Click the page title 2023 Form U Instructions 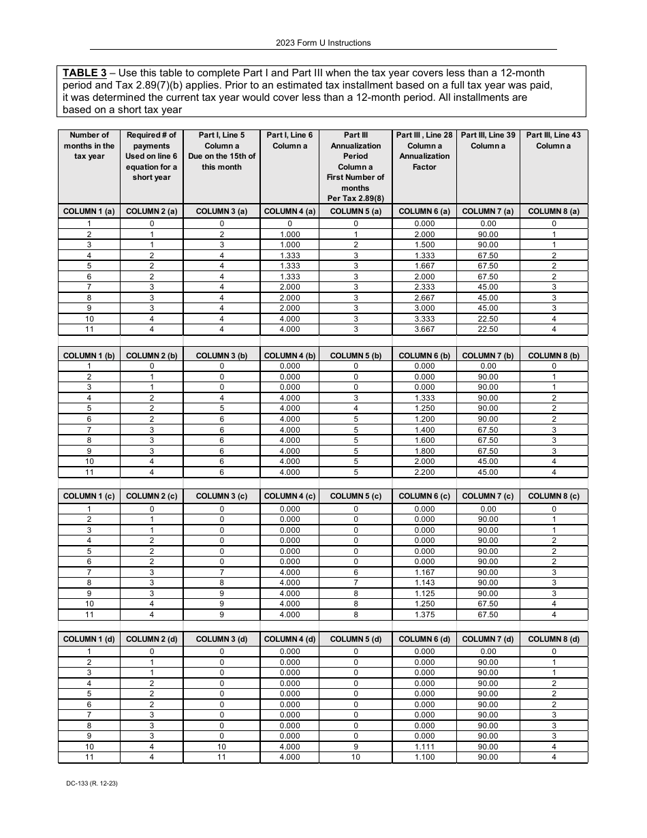click(x=323, y=43)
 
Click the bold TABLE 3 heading click(x=89, y=73)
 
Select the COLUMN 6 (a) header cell click(x=424, y=211)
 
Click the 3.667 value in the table click(x=424, y=330)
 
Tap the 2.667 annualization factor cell click(x=424, y=298)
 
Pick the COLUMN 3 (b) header click(x=221, y=356)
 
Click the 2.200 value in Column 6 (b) click(x=424, y=472)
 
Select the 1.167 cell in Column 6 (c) click(x=424, y=572)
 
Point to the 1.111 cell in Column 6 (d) click(x=424, y=747)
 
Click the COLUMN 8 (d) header click(x=554, y=639)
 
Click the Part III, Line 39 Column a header click(x=488, y=140)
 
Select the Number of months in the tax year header click(x=89, y=146)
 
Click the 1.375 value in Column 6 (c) click(x=424, y=615)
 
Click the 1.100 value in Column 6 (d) click(x=424, y=757)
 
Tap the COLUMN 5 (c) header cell click(x=356, y=496)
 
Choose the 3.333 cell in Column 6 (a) click(x=424, y=319)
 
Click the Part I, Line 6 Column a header click(x=289, y=140)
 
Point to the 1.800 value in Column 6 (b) click(x=424, y=451)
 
